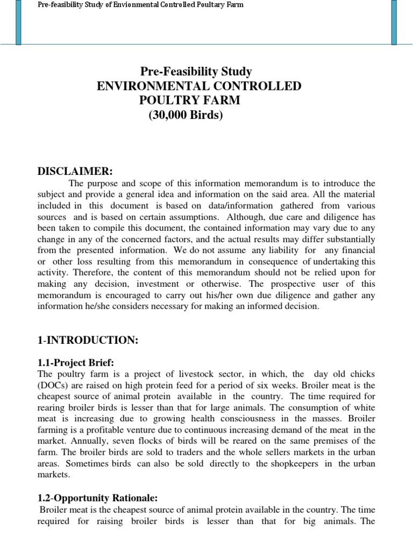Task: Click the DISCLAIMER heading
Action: tap(75, 171)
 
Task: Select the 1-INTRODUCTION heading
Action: tap(88, 340)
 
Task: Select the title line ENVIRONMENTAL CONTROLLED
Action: tap(198, 86)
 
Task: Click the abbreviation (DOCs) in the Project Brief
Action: tap(54, 385)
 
